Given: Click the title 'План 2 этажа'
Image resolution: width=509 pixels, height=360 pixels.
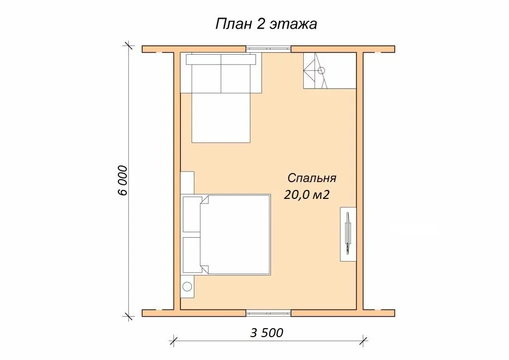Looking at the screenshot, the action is click(266, 24).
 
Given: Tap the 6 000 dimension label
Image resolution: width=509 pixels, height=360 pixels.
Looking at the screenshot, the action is click(123, 180).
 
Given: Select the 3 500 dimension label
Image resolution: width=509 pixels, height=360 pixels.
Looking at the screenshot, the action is click(266, 333).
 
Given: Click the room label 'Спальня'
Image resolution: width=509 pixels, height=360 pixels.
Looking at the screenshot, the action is click(312, 178).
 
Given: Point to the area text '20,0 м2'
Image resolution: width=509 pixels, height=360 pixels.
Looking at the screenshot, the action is click(307, 194).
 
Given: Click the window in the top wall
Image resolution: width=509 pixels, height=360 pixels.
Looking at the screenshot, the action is click(268, 49).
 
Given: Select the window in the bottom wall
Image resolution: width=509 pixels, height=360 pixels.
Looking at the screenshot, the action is click(268, 313).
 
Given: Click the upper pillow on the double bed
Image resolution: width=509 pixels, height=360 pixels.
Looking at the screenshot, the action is click(192, 214).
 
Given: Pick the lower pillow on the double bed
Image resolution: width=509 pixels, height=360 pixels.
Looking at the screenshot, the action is click(192, 255).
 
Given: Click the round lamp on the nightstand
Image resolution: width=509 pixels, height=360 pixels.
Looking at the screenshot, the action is click(187, 286).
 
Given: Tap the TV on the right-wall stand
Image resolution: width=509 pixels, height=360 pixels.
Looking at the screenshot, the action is click(348, 233).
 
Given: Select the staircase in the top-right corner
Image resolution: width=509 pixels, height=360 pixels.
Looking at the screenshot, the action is click(330, 71).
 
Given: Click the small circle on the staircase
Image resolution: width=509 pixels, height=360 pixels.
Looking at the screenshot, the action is click(322, 71).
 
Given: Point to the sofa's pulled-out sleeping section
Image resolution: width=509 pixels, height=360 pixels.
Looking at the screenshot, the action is click(221, 118).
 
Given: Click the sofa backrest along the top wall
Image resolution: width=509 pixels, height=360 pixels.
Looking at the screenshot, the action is click(221, 59).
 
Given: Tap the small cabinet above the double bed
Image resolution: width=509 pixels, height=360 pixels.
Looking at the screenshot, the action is click(187, 183).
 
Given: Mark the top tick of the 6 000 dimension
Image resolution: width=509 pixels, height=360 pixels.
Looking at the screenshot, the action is click(129, 46).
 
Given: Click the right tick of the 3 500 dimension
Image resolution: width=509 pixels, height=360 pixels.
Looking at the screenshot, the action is click(363, 341).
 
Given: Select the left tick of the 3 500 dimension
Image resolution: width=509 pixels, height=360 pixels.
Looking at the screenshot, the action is click(174, 341).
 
